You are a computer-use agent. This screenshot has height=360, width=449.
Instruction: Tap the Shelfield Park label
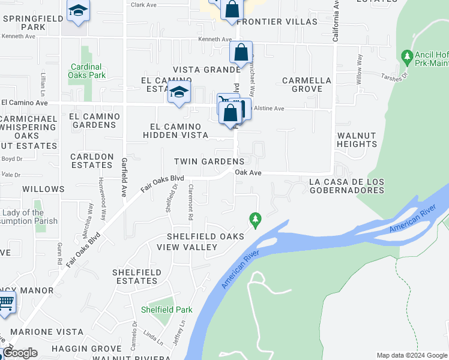(166, 310)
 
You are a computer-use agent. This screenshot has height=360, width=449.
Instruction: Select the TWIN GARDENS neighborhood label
(209, 161)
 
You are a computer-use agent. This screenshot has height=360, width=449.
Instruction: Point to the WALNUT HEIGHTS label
(357, 140)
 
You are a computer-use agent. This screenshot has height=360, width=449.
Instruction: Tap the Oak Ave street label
(248, 172)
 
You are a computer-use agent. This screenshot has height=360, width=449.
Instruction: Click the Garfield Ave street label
(124, 170)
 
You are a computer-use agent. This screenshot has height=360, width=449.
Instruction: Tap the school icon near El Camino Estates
(178, 93)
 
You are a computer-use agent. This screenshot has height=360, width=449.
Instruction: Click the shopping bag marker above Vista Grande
(241, 53)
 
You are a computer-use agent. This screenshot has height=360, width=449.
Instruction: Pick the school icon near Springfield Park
(77, 12)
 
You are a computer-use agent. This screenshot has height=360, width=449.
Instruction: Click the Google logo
(20, 353)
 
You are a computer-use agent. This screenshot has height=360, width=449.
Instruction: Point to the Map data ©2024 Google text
(412, 355)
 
